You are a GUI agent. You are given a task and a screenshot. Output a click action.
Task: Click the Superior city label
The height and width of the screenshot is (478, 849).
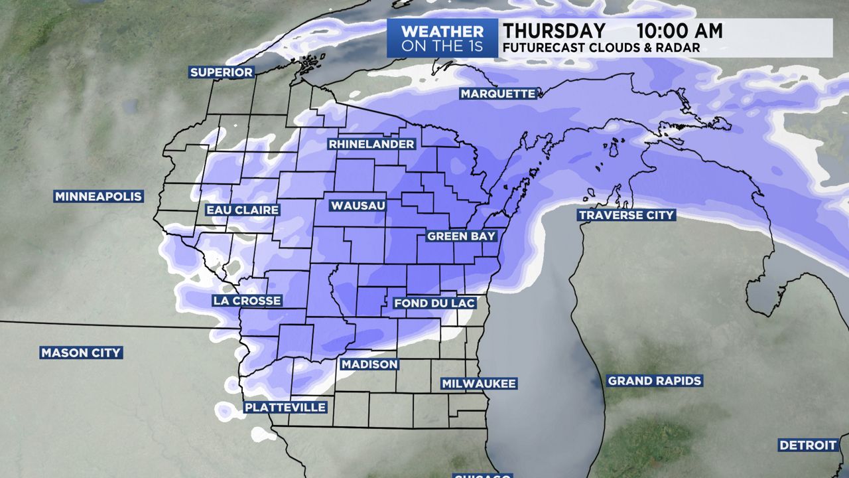click(222, 72)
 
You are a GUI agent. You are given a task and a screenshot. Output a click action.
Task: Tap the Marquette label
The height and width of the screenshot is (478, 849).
click(497, 94)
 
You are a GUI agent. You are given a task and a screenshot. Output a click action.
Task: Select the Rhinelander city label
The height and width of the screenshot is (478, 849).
click(371, 144)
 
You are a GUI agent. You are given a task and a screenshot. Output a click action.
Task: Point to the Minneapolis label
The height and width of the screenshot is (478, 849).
click(98, 197)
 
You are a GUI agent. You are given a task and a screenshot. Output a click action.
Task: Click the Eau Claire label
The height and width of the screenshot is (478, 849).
click(242, 210)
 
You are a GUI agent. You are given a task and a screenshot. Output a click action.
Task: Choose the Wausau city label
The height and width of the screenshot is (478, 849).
click(358, 206)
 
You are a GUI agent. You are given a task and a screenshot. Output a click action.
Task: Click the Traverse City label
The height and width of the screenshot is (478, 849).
click(626, 215)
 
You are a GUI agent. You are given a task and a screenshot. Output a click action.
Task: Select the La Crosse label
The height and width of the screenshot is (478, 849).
click(247, 301)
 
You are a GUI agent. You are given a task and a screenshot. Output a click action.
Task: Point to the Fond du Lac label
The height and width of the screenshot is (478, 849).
click(434, 303)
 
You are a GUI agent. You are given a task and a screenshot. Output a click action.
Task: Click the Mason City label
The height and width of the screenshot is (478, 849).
click(81, 353)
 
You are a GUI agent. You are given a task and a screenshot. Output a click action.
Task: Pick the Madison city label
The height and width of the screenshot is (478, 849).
click(369, 364)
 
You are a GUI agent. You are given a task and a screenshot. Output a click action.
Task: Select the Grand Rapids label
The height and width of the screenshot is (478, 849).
click(655, 381)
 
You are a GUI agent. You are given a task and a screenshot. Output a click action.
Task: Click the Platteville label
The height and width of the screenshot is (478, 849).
click(285, 407)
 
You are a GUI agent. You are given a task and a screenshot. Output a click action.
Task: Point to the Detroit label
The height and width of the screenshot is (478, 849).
click(808, 445)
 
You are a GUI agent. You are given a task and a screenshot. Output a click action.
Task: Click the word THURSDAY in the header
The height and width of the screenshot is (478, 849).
click(554, 31)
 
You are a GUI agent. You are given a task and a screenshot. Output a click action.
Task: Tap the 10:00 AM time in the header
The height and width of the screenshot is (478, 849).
click(679, 31)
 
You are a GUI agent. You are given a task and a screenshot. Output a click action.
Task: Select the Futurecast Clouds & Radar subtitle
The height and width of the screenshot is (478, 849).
click(601, 48)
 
